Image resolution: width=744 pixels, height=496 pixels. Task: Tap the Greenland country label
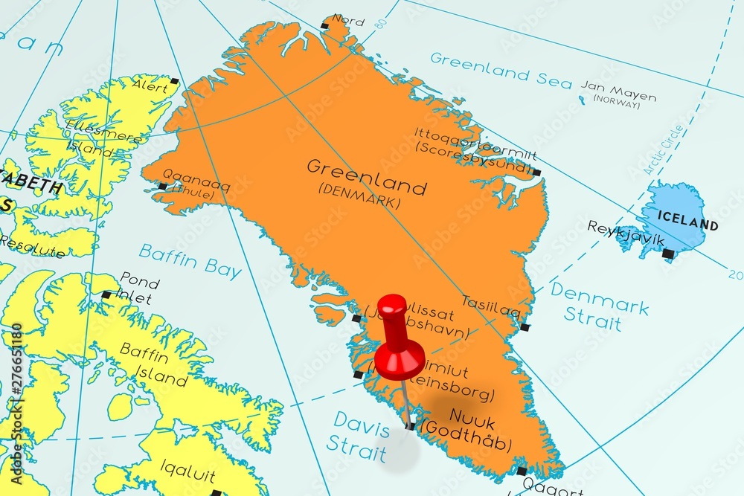pyautogui.click(x=367, y=177)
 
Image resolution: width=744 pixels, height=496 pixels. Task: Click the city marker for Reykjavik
pyautogui.click(x=668, y=254)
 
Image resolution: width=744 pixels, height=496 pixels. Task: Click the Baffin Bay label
pyautogui.click(x=190, y=260)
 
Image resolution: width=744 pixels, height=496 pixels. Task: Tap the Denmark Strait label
pyautogui.click(x=599, y=305)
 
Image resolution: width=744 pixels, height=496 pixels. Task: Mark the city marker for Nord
pyautogui.click(x=324, y=26)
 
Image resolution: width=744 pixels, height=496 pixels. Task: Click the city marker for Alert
pyautogui.click(x=174, y=80)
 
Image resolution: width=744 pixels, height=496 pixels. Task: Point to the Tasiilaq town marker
pyautogui.click(x=525, y=327)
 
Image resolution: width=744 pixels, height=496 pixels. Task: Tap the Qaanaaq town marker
pyautogui.click(x=162, y=186)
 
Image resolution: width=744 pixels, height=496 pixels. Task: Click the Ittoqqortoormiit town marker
pyautogui.click(x=536, y=173)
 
